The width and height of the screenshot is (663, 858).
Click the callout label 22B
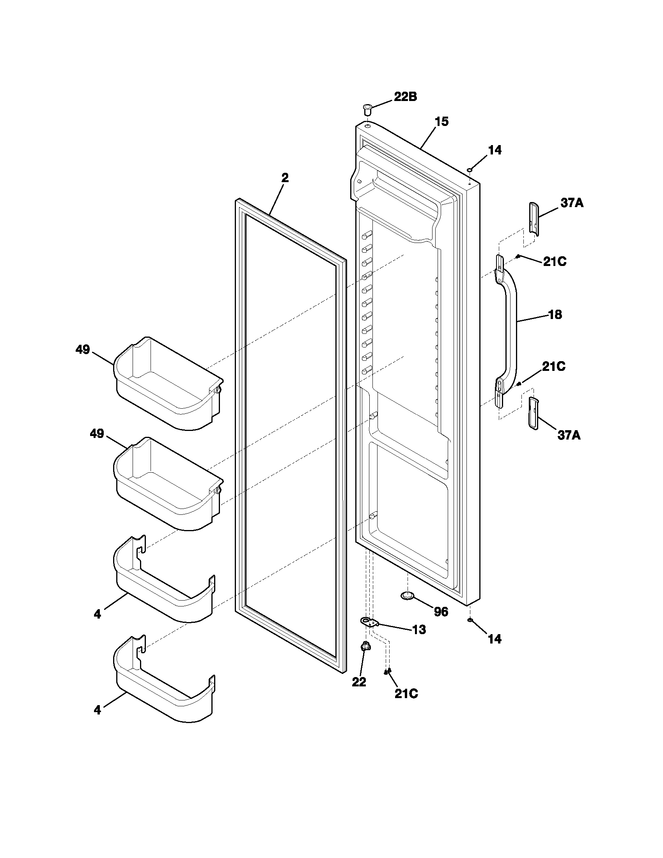coord(405,97)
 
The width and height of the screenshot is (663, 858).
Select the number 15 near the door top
coord(441,122)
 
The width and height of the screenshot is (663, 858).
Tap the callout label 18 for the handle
coord(555,314)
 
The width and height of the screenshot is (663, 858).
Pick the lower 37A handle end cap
coord(533,412)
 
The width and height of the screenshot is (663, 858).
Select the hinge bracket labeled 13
coord(369,622)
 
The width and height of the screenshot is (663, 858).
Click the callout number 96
coord(441,612)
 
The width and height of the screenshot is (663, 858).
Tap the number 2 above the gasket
coord(285,177)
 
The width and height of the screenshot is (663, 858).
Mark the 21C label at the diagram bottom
coord(406,694)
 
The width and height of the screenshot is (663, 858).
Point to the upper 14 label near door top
coord(495,150)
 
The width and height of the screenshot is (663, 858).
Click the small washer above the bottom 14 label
coord(470,620)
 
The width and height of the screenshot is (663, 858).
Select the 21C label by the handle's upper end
coord(555,262)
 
